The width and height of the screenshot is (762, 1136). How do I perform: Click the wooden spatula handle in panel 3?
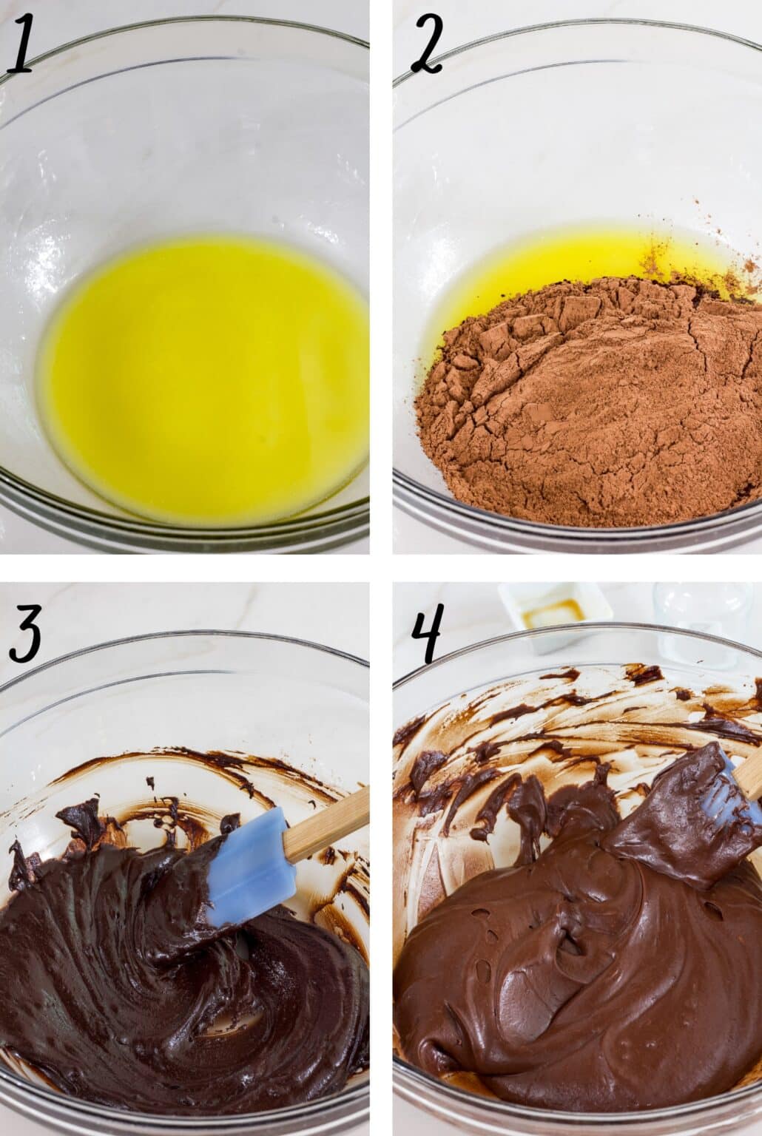[326, 825]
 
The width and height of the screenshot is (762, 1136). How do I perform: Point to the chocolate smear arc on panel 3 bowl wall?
[207, 762]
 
